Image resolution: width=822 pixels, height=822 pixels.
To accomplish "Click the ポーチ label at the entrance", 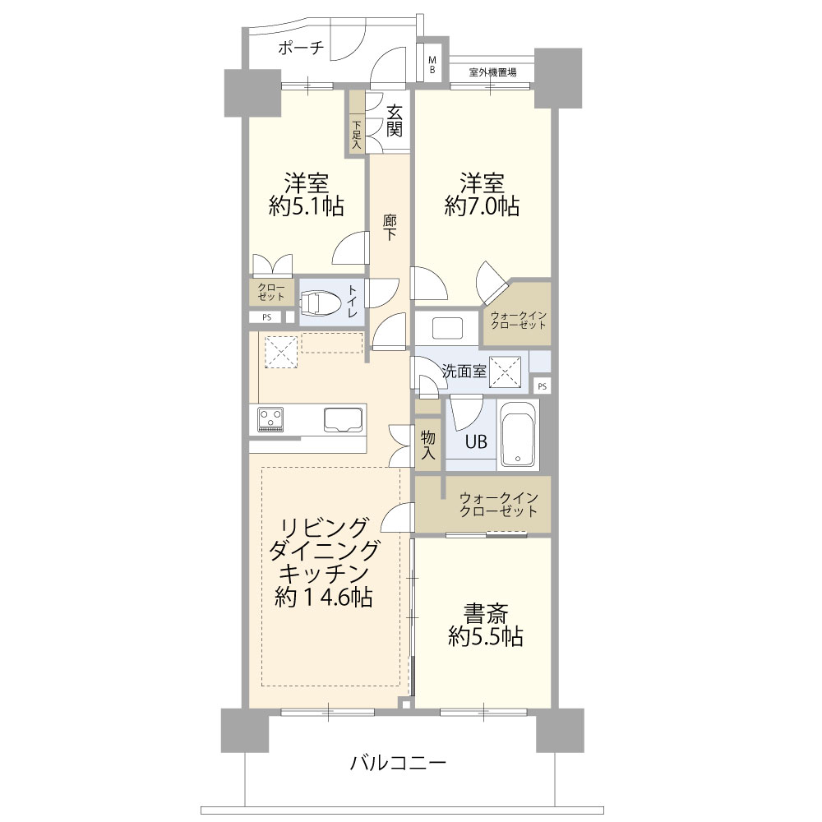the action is [301, 48].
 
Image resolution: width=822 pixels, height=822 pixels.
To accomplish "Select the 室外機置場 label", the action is [492, 72].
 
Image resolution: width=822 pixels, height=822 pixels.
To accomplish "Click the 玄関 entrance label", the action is [395, 121].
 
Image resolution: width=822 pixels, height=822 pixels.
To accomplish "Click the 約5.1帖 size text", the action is [306, 206].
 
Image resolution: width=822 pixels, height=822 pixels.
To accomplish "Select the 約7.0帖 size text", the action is [482, 206].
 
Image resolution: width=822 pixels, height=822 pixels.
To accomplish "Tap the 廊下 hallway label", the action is [389, 228].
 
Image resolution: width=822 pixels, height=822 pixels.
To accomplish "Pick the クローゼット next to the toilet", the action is [271, 293].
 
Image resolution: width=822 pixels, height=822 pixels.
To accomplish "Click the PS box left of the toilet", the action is [267, 317].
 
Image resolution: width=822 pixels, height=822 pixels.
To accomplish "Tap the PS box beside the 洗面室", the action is [542, 386].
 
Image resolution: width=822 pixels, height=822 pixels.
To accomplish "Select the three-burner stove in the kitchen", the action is [270, 419].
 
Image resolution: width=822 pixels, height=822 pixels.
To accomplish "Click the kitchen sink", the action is [344, 419].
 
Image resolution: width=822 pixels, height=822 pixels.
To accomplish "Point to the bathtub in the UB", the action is [517, 434].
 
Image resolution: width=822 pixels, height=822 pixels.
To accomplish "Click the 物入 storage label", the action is [428, 445].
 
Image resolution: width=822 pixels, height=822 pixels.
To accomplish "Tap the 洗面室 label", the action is [464, 372].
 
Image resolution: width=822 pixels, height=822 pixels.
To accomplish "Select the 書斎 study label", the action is [486, 613].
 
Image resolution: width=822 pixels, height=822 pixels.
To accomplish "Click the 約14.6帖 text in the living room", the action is [323, 597].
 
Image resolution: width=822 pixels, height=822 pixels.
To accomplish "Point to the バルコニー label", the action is [398, 764].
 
